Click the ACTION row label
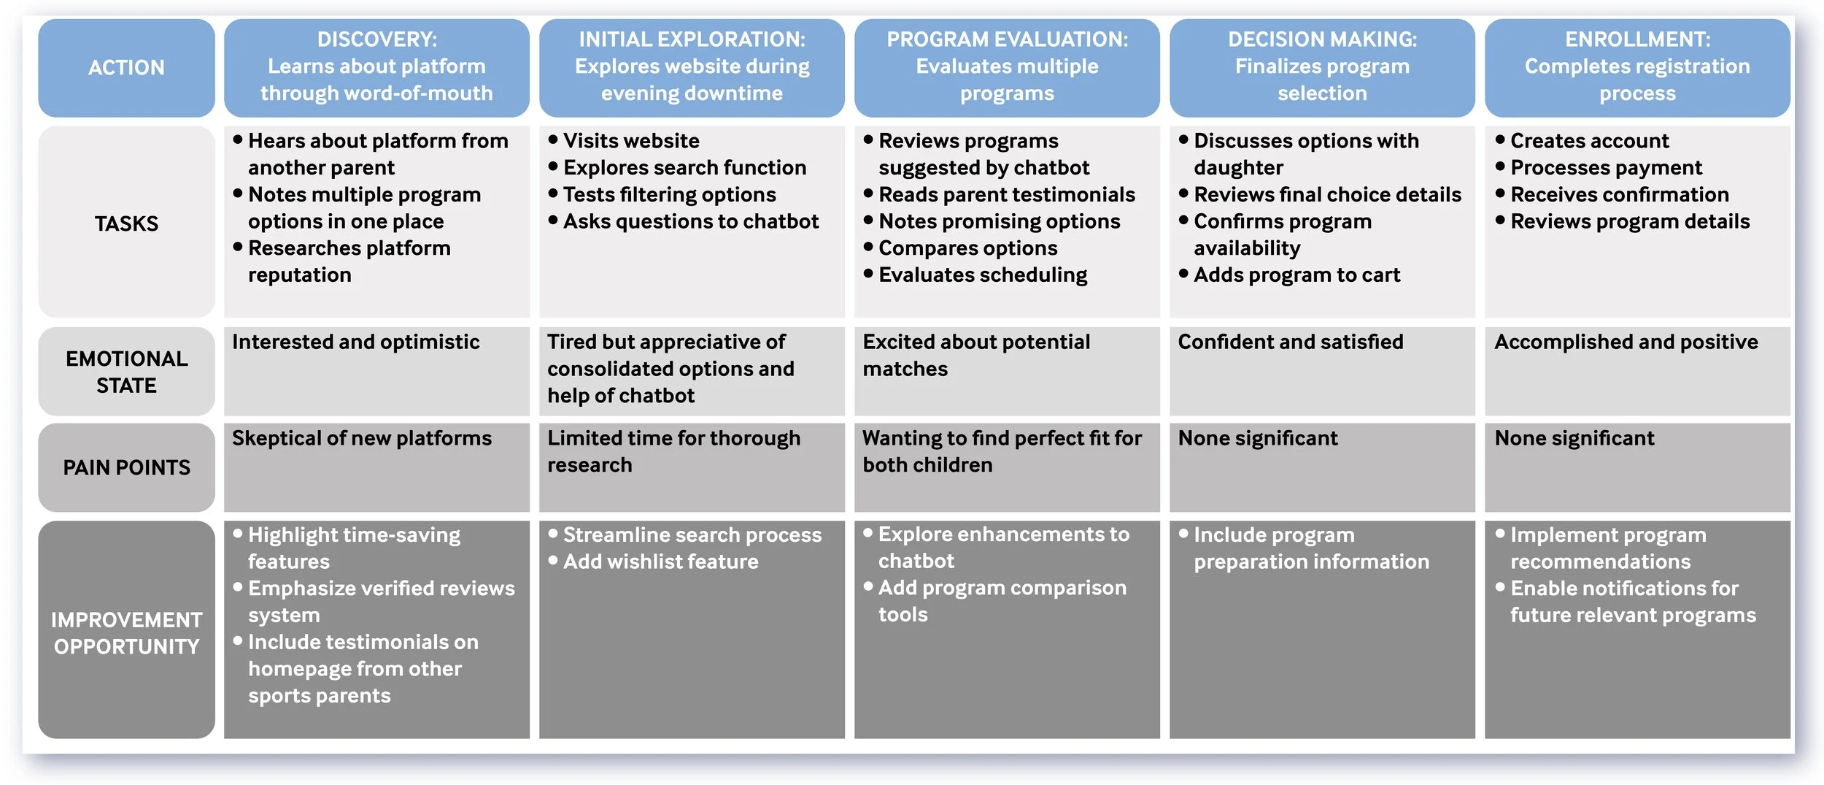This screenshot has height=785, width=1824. (126, 68)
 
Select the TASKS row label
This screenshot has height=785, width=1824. (126, 223)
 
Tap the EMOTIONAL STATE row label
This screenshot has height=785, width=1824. (126, 372)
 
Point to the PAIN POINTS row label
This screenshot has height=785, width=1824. (126, 467)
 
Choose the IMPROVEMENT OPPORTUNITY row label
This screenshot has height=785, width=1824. (126, 632)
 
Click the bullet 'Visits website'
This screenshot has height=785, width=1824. (631, 141)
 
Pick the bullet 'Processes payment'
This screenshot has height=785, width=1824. (1605, 168)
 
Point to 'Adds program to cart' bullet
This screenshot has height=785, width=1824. (1296, 275)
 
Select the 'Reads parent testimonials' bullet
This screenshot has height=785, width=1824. (1006, 195)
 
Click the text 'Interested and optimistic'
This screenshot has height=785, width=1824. (355, 342)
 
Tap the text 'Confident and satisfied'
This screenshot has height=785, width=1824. (1290, 342)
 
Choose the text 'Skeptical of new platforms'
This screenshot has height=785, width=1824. (361, 438)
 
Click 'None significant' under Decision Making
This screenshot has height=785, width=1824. (1257, 438)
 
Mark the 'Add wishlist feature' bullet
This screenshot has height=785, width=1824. (660, 562)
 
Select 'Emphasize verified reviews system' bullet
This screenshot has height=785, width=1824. (380, 602)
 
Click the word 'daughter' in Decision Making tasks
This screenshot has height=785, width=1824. (1238, 168)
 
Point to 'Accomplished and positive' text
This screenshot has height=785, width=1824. (1626, 342)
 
